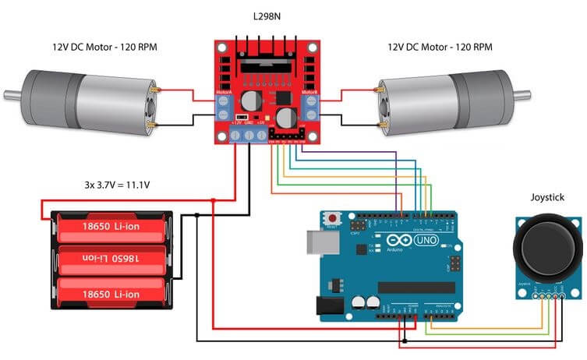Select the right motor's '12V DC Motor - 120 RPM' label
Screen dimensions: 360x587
(x=440, y=48)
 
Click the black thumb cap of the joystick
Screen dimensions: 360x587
(x=547, y=249)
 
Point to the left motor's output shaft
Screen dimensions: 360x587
(x=11, y=96)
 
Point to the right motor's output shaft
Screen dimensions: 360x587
(x=523, y=96)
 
